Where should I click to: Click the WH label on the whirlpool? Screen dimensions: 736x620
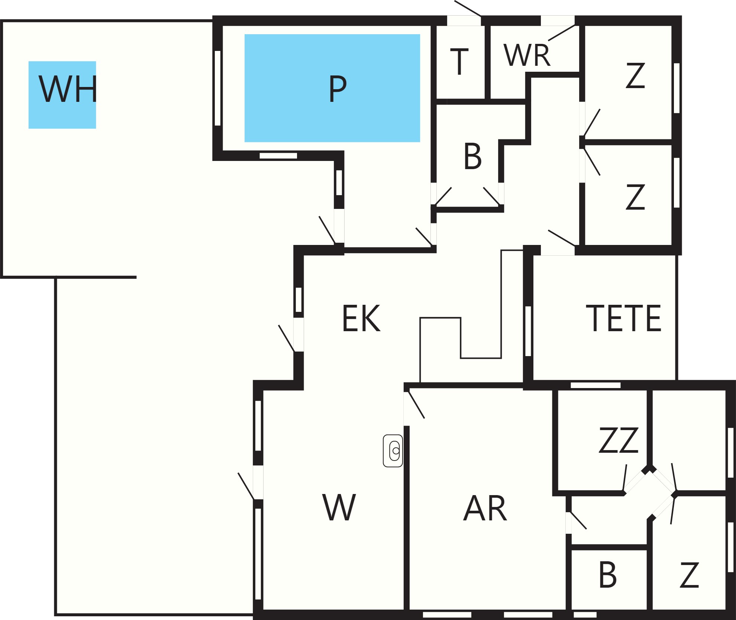point(68,89)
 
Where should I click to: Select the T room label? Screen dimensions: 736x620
point(459,62)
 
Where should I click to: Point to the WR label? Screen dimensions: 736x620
point(527,55)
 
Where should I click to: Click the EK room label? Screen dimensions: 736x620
point(361,318)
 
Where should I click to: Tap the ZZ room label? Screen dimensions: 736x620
point(619,440)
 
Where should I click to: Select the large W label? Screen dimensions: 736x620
point(339,507)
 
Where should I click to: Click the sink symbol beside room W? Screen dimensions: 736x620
point(393,451)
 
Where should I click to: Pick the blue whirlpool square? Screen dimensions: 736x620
point(62,95)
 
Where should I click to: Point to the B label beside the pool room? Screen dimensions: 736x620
point(472,156)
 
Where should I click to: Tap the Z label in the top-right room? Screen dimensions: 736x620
point(635,75)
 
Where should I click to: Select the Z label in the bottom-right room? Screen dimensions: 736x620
point(689,575)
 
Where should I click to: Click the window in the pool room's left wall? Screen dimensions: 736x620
point(218,88)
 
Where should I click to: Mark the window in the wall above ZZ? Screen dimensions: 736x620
point(595,385)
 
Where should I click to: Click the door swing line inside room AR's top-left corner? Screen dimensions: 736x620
point(416,405)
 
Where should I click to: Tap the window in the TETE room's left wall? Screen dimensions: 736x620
point(528,331)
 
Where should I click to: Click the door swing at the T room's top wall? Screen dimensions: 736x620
point(468,8)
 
